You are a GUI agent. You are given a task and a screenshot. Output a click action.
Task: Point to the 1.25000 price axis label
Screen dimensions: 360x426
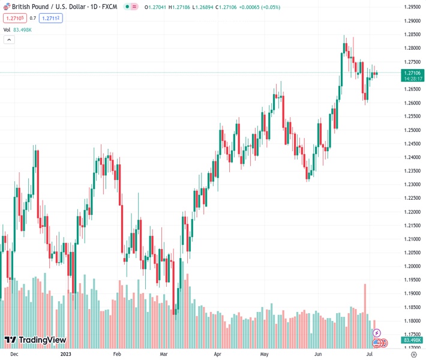tap(411, 130)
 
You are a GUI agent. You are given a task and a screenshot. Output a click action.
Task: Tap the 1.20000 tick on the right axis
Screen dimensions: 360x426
tap(411, 266)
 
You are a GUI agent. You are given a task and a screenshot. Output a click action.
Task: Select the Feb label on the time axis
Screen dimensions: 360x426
tap(117, 355)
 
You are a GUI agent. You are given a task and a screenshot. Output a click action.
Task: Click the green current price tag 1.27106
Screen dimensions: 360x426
tap(411, 73)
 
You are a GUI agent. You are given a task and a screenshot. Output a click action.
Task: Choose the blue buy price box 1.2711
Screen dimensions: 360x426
tap(51, 18)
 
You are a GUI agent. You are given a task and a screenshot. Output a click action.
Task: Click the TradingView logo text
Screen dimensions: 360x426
tap(42, 340)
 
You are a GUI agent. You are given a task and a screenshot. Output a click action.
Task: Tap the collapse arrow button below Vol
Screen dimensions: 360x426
tap(8, 40)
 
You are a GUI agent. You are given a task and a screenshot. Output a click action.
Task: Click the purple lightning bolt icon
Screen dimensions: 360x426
tap(377, 332)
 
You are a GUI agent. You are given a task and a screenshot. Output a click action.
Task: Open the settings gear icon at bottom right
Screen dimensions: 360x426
tap(413, 355)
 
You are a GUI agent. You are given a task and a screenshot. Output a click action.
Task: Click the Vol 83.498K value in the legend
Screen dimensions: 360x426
tap(25, 29)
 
